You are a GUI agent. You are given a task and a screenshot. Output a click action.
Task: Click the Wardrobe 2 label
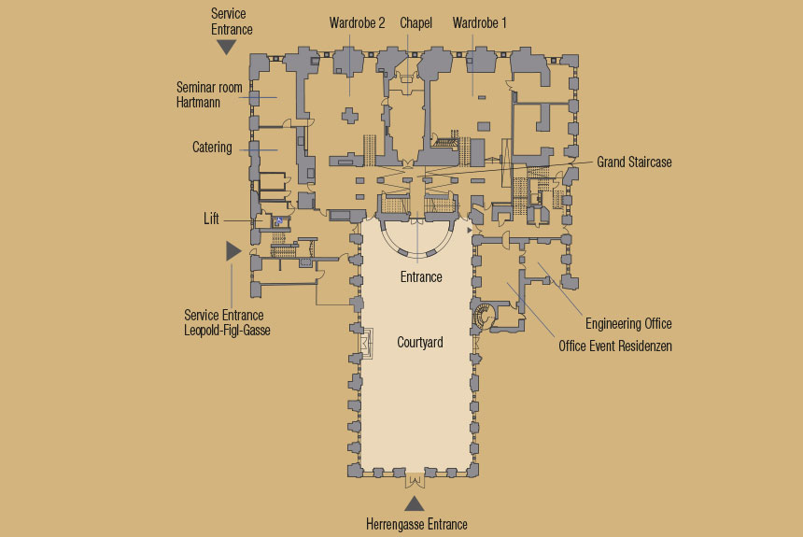[357, 23]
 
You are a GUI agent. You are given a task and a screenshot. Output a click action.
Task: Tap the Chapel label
[416, 23]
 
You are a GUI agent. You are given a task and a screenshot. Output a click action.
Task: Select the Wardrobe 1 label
[479, 23]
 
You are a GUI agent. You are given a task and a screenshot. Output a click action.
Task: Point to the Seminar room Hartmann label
[209, 95]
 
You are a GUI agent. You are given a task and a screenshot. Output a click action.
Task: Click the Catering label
[212, 148]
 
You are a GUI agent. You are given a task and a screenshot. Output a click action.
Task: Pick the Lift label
[211, 219]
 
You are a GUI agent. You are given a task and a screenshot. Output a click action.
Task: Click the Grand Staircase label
[634, 163]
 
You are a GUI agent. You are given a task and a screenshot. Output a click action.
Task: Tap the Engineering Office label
[628, 324]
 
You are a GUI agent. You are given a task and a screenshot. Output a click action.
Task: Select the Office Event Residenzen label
[615, 346]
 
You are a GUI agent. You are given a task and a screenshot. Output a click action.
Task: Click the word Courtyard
[420, 343]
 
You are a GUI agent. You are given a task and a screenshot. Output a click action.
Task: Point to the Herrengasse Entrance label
[416, 525]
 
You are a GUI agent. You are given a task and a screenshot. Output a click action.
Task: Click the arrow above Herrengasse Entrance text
[415, 504]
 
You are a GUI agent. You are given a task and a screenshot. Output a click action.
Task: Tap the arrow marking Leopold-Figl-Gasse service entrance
[233, 251]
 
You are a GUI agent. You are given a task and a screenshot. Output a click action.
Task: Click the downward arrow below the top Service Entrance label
[226, 48]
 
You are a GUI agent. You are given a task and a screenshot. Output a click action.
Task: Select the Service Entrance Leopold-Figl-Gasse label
[227, 323]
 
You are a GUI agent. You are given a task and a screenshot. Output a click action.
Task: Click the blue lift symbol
[279, 221]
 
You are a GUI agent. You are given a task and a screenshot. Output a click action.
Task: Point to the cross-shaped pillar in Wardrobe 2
[350, 116]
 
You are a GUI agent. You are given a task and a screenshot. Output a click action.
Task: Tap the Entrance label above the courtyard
[421, 277]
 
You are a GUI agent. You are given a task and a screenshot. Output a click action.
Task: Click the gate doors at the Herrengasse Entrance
[415, 481]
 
